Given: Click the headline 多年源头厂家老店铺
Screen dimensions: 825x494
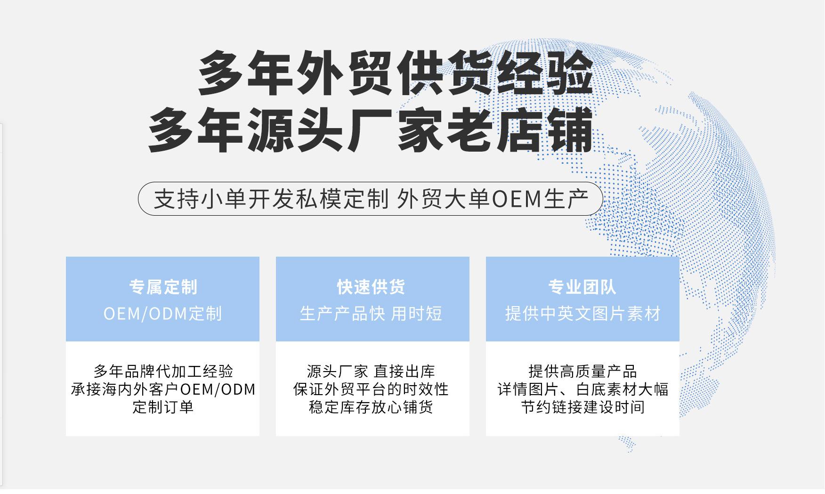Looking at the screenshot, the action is (x=371, y=130).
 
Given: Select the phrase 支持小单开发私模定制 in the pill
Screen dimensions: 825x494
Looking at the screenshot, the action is (x=271, y=199).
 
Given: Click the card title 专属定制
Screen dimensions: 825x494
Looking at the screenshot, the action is (x=163, y=287).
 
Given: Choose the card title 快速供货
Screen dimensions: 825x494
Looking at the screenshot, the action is (x=371, y=287).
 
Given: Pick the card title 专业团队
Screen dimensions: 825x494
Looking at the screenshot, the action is (x=582, y=287).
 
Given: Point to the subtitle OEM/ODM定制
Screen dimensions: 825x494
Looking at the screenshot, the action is (x=163, y=314).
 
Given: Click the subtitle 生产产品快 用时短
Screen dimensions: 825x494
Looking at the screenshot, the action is (x=371, y=314).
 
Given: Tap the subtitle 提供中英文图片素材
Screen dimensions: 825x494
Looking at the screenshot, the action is (x=582, y=314).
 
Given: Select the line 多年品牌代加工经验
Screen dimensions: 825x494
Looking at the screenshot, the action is (x=163, y=371).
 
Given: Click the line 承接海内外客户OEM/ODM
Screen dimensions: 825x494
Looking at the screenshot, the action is (x=163, y=389).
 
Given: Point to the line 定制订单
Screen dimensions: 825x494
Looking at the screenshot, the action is (x=163, y=407).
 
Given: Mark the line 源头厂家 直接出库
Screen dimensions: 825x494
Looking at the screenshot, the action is (x=371, y=371).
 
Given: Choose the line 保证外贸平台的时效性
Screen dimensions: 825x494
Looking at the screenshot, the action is (x=371, y=389).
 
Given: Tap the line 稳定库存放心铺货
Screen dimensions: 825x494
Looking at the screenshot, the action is (x=371, y=407).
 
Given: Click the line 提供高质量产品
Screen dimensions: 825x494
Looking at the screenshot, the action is (x=582, y=371).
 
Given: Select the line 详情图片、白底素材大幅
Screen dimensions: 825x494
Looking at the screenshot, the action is (x=582, y=389).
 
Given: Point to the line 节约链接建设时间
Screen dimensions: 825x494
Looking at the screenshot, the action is (x=582, y=407).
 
